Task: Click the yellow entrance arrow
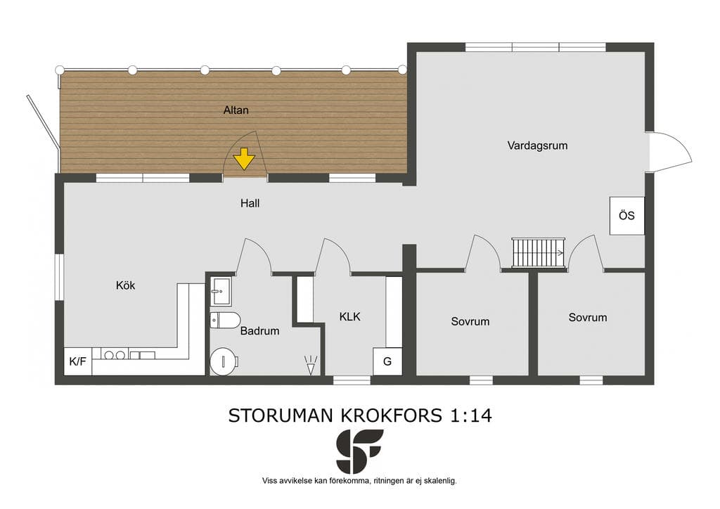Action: pos(244,159)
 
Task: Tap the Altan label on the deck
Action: pos(236,110)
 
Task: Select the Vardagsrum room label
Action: pos(537,146)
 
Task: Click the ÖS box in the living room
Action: pos(626,216)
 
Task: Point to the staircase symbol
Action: pos(539,252)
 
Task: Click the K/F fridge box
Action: pos(77,361)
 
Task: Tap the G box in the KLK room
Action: pos(387,361)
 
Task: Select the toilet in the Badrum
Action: pos(225,321)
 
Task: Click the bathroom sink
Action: pos(221,291)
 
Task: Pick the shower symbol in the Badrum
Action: pos(311,366)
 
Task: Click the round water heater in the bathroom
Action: pos(224,361)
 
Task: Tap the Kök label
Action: pos(125,285)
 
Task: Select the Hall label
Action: pos(250,203)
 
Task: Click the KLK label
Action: pos(350,316)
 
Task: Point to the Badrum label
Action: pos(260,330)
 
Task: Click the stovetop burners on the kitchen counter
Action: pos(114,355)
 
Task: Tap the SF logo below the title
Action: pos(359,451)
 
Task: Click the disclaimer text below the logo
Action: pos(359,481)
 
